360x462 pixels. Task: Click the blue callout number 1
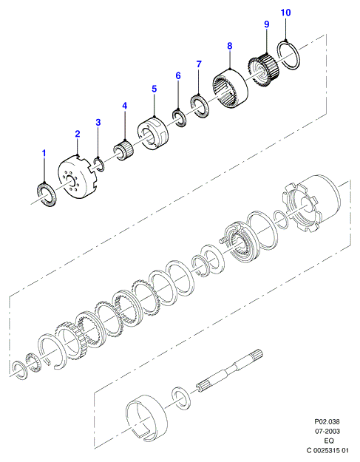[44, 153]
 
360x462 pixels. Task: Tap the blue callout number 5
[154, 89]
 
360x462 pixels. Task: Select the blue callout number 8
[229, 46]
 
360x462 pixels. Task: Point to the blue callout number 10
[285, 13]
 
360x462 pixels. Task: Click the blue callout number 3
[98, 122]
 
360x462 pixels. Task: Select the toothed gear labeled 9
[262, 70]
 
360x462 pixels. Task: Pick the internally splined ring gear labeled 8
[230, 89]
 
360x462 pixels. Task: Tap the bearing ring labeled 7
[200, 106]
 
